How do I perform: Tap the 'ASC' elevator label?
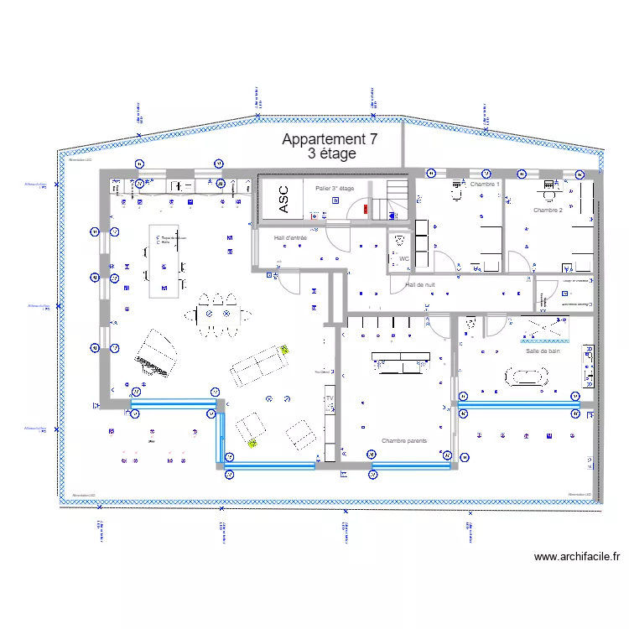point(283,200)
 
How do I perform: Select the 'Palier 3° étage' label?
point(335,189)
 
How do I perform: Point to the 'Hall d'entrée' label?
point(290,238)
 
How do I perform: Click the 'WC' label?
point(403,259)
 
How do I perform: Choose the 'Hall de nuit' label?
point(420,285)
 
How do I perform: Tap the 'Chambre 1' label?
point(485,184)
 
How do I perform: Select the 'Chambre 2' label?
point(548,210)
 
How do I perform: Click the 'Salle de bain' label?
point(543,351)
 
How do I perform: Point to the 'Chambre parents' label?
point(404,440)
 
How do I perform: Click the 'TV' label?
point(330,398)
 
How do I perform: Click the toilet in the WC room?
point(397,243)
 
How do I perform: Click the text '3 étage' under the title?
point(332,154)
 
